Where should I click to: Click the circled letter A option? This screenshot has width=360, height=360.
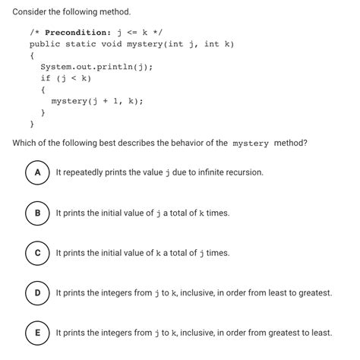pos(36,172)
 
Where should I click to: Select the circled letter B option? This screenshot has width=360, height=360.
pos(36,213)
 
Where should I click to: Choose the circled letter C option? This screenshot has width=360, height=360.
pos(36,252)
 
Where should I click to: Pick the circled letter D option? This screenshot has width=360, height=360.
pos(36,292)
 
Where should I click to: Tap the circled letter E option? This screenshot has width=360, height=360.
pos(36,332)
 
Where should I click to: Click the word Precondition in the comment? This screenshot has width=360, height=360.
pos(77,33)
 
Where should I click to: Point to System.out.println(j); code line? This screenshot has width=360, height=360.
pos(96,67)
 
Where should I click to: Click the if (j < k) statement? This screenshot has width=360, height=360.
pos(66,78)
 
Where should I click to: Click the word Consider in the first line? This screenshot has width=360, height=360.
pos(32,13)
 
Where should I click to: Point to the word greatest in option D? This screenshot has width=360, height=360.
pos(313,292)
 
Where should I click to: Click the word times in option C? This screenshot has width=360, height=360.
pos(216,252)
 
